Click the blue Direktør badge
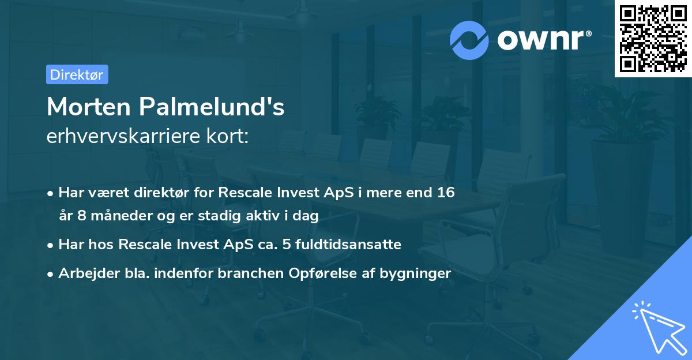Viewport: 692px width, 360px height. point(77,74)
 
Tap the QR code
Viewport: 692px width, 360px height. point(653,39)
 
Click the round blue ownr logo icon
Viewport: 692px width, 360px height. point(469,40)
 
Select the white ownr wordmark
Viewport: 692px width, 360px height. point(541,40)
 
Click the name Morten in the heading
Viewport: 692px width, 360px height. point(89,107)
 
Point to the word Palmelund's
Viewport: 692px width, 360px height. point(212,107)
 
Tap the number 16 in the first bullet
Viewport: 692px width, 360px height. point(446,192)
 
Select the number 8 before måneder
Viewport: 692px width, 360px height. point(81,215)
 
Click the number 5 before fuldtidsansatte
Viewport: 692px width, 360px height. point(287,245)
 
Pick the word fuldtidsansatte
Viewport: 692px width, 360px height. point(348,244)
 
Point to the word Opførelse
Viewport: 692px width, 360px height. point(322,273)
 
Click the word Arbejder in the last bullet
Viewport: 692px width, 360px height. point(89,273)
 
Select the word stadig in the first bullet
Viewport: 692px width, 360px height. point(219,216)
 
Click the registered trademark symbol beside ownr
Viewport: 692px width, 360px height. point(589,33)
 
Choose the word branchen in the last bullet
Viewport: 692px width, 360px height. point(250,273)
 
